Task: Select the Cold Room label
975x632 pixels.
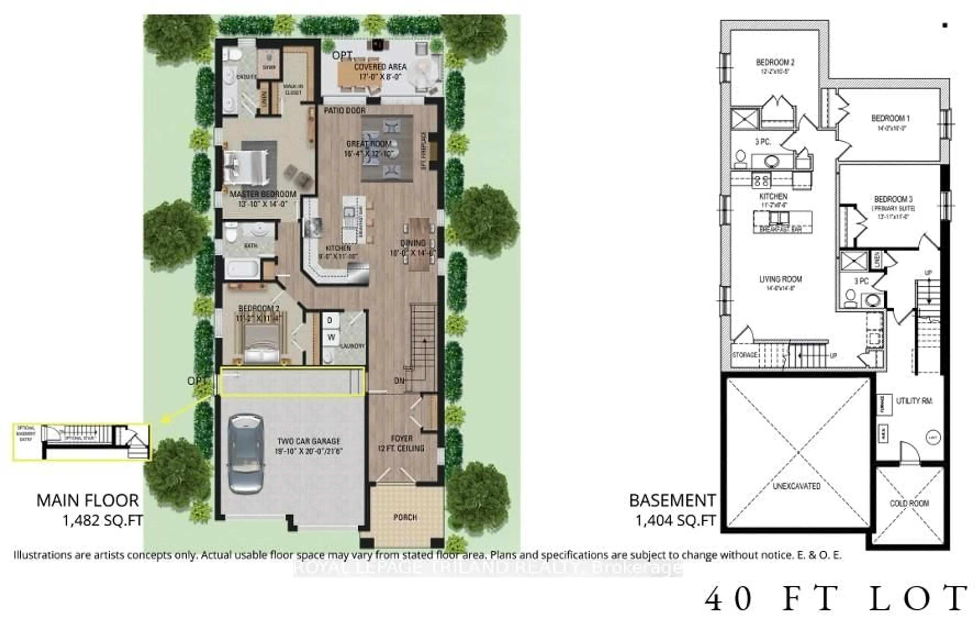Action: pyautogui.click(x=909, y=503)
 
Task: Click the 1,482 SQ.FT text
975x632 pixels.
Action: pyautogui.click(x=102, y=520)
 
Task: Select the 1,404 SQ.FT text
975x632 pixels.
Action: pyautogui.click(x=675, y=520)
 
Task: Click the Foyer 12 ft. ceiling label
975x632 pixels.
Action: pyautogui.click(x=401, y=443)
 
